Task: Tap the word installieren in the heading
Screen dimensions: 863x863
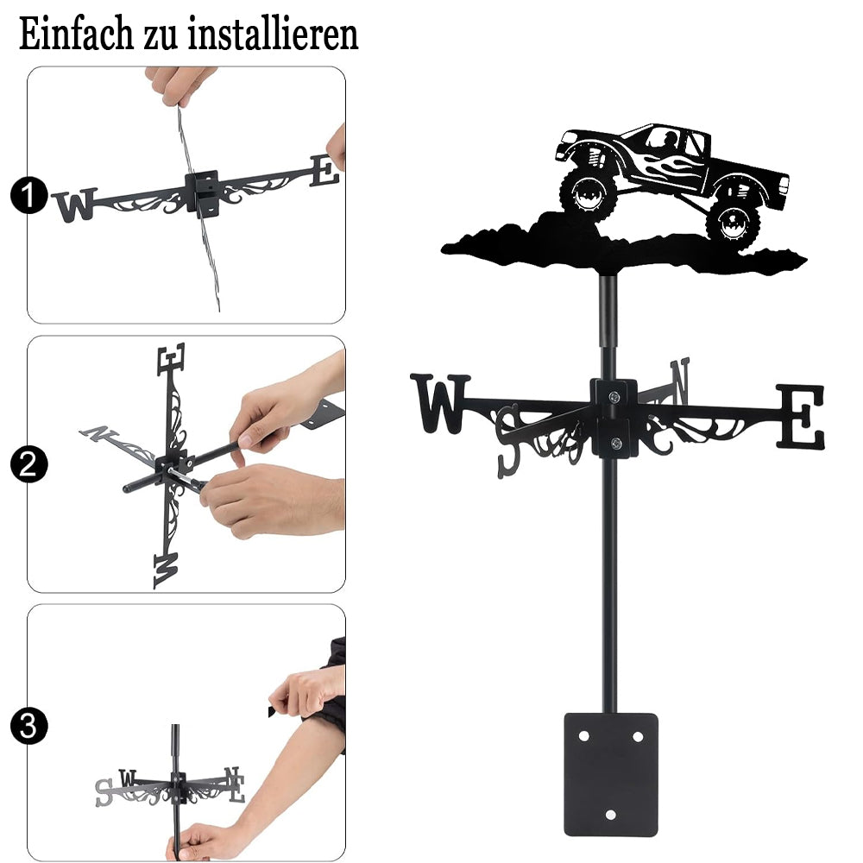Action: (273, 35)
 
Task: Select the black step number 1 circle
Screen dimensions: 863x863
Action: (28, 195)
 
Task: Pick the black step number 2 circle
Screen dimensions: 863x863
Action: (28, 464)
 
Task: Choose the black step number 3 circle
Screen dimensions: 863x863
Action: (28, 726)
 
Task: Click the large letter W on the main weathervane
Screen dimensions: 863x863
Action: (440, 403)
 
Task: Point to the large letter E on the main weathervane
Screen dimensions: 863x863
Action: (801, 416)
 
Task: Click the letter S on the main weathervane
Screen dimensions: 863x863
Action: (508, 440)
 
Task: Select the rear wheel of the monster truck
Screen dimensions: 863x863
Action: (733, 224)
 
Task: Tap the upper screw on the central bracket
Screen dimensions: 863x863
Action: (614, 396)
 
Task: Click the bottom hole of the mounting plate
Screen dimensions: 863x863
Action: (610, 815)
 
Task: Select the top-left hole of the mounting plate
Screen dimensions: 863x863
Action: (583, 736)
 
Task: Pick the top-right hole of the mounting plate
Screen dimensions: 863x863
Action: (638, 736)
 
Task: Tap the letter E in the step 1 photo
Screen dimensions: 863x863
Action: (324, 170)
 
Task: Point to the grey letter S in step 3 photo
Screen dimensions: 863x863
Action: (104, 792)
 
